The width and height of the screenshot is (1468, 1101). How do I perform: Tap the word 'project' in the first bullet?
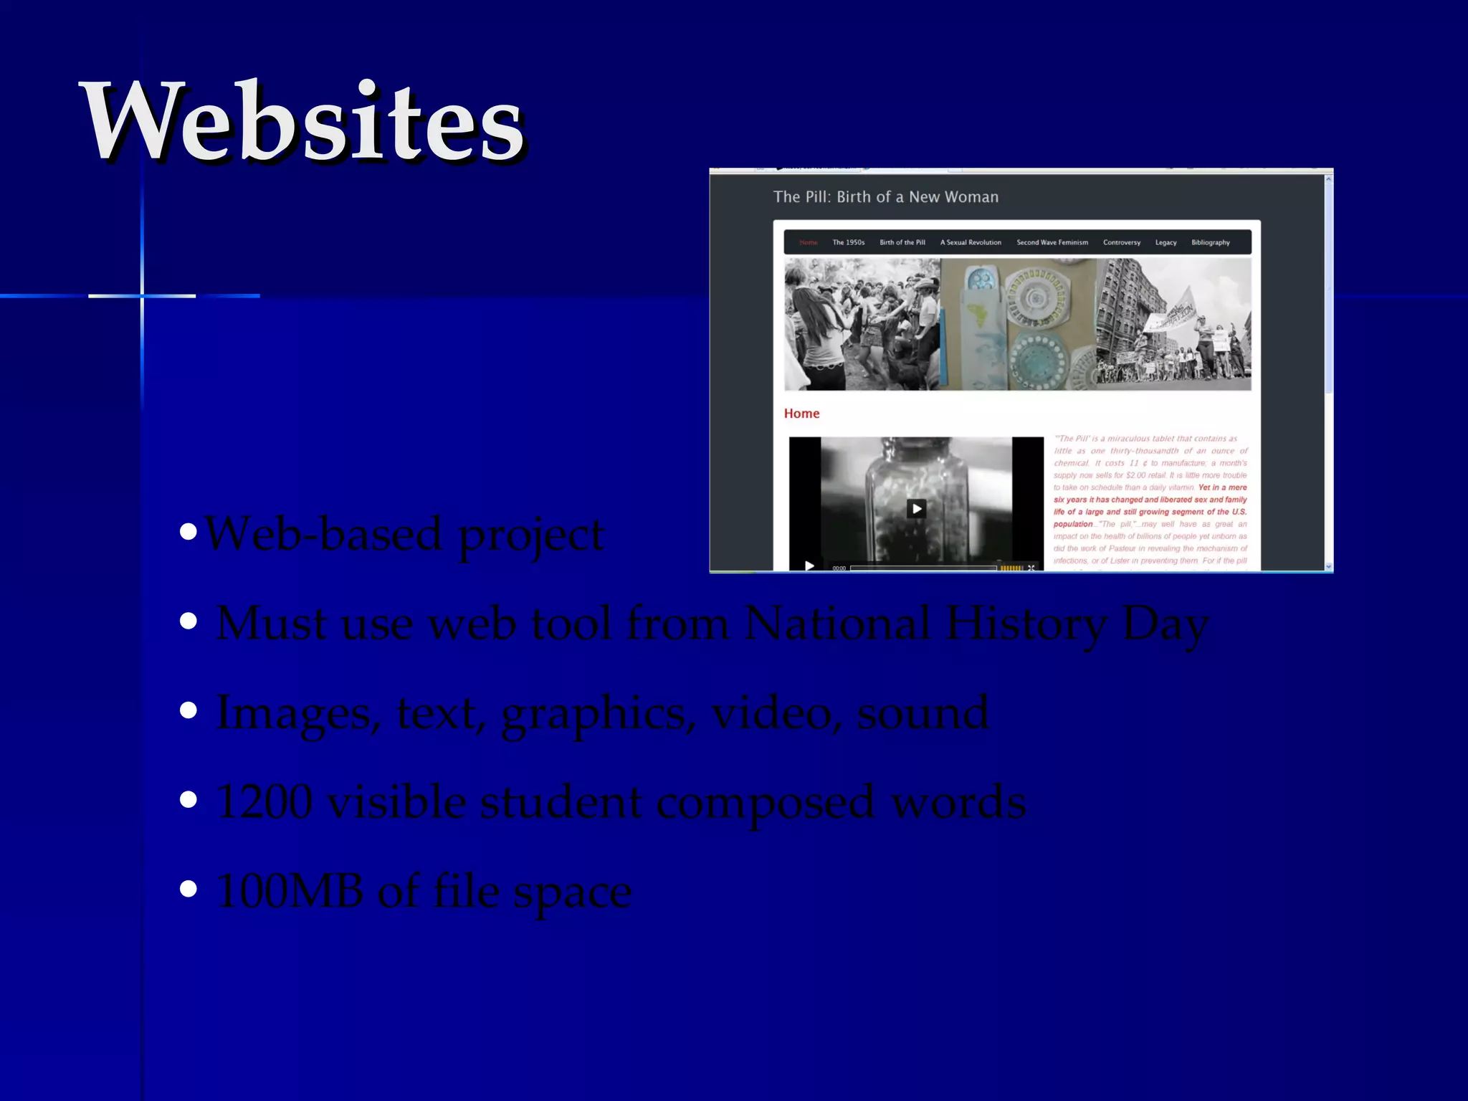pyautogui.click(x=530, y=536)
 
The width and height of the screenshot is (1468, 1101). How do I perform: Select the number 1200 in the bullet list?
pyautogui.click(x=264, y=801)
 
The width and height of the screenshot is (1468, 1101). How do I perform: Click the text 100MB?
pyautogui.click(x=288, y=891)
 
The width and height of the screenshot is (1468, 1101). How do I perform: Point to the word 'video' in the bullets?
pyautogui.click(x=771, y=712)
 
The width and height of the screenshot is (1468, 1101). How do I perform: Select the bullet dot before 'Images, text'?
pyautogui.click(x=189, y=710)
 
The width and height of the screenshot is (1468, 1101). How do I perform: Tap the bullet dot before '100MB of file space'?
pyautogui.click(x=189, y=890)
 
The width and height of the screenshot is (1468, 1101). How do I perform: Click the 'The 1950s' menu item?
pyautogui.click(x=848, y=242)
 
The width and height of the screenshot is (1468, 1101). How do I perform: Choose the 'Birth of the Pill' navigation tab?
pyautogui.click(x=902, y=242)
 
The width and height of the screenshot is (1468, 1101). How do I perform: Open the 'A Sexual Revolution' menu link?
pyautogui.click(x=971, y=242)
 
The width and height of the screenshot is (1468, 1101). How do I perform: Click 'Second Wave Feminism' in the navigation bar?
pyautogui.click(x=1052, y=242)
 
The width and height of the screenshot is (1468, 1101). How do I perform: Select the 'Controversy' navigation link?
pyautogui.click(x=1122, y=242)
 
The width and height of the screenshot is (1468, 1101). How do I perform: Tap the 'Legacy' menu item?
pyautogui.click(x=1166, y=242)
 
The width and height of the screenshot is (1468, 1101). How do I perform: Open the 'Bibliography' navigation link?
pyautogui.click(x=1211, y=242)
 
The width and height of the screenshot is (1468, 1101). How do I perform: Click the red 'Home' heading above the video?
pyautogui.click(x=801, y=414)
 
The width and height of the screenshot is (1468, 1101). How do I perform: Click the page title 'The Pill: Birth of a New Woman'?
pyautogui.click(x=885, y=197)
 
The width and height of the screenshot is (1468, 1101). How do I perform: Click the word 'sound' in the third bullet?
pyautogui.click(x=923, y=712)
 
